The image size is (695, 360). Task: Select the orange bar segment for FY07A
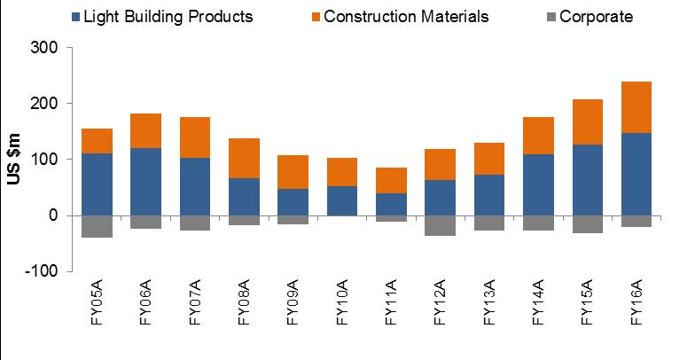coord(193,137)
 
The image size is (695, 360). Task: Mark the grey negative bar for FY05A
coord(96,226)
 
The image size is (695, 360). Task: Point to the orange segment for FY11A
coord(389,180)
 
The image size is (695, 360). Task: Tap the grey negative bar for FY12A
coord(438,225)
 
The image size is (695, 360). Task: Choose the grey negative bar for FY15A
coord(584,224)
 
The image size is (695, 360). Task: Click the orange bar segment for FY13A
coord(487,159)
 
